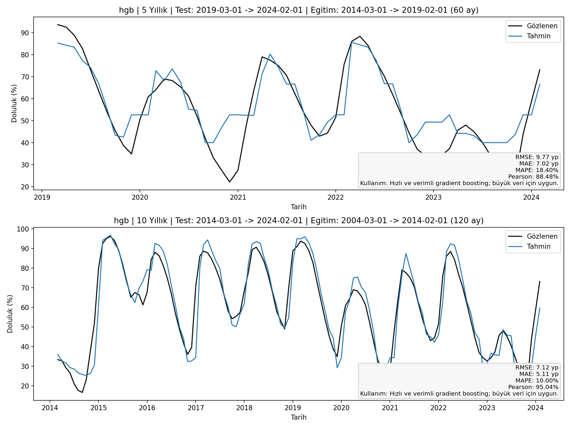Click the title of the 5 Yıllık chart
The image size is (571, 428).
click(299, 10)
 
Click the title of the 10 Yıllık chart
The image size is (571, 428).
click(299, 221)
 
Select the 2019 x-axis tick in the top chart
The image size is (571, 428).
click(42, 197)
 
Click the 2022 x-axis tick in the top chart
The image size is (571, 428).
click(335, 197)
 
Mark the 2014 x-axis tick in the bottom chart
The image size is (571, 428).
click(50, 407)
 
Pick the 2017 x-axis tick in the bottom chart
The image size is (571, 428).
click(195, 407)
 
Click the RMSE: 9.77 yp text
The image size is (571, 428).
click(537, 157)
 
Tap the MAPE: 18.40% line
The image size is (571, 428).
click(537, 170)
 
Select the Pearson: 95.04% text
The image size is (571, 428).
click(533, 387)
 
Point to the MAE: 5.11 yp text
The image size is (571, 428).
click(539, 374)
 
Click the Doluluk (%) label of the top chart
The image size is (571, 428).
click(14, 103)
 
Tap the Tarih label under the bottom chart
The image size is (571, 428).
click(299, 417)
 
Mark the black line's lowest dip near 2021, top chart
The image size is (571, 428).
click(229, 182)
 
